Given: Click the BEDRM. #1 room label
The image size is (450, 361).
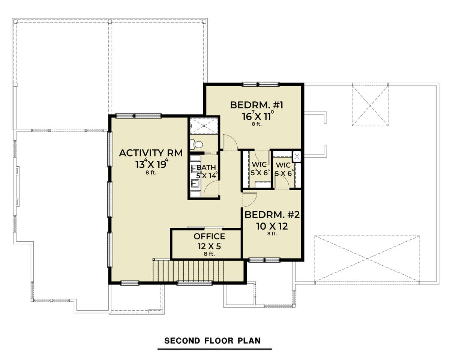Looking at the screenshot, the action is click(256, 105).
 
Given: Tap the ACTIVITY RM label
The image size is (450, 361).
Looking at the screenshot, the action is click(151, 153).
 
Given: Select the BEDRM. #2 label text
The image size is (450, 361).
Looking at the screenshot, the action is click(272, 215).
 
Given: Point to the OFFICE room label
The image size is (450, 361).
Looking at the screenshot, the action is click(209, 236).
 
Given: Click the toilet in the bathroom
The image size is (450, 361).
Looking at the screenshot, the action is click(196, 144).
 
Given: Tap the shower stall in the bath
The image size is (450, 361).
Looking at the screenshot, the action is click(204, 126).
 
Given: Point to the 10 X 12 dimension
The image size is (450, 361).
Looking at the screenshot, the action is click(272, 226).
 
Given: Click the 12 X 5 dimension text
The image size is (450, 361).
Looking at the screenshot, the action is click(209, 246).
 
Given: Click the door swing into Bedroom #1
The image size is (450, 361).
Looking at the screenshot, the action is click(230, 143).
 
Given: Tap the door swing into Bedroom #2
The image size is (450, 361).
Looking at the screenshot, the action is click(249, 200).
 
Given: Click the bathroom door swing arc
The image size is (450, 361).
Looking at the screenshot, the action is click(211, 188).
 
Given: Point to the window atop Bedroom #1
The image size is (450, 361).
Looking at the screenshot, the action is click(261, 84).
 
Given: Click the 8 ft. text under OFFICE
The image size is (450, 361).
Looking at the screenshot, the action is click(209, 254).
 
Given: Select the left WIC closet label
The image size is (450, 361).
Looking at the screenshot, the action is click(259, 164).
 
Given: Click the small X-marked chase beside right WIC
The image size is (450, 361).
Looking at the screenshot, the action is click(297, 156).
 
